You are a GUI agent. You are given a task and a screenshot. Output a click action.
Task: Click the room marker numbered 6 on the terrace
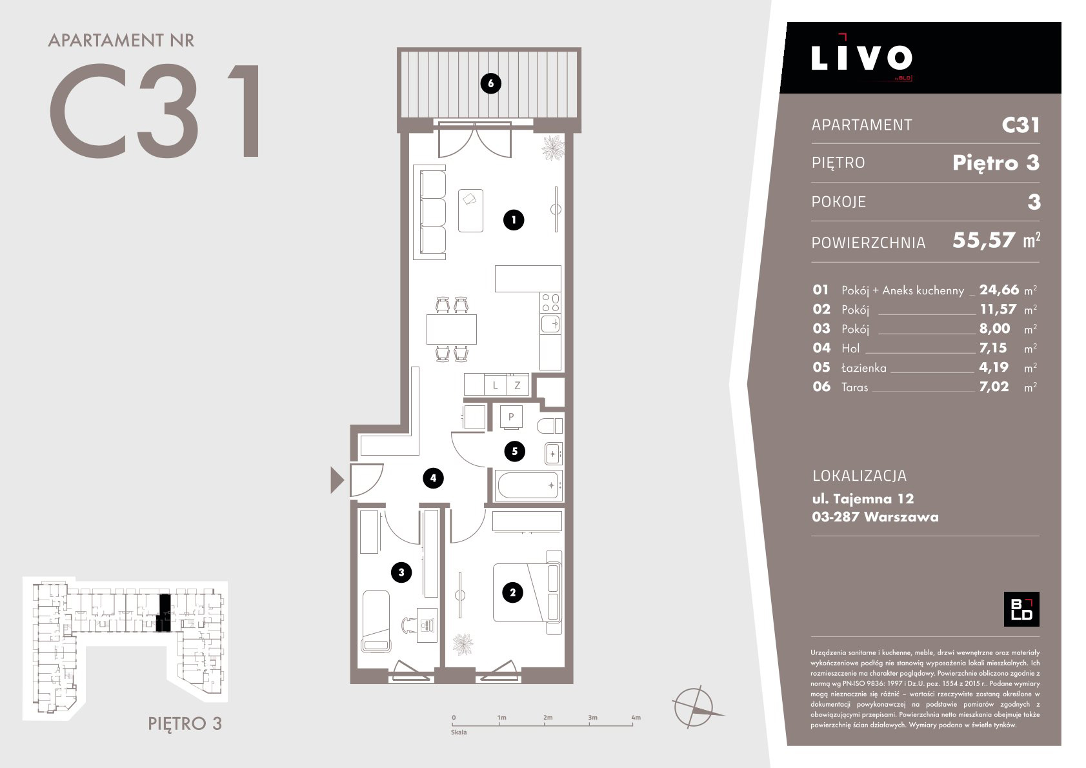point(490,83)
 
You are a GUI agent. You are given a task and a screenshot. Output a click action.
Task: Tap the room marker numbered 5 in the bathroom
point(514,451)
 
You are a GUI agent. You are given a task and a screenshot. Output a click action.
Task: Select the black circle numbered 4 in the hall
point(433,478)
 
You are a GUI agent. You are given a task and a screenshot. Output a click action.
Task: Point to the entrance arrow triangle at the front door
point(336,480)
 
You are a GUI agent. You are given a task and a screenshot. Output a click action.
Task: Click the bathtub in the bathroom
point(528,485)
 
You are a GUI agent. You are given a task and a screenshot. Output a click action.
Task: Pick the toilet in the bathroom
point(550,426)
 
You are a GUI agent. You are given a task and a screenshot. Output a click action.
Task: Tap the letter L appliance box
point(495,385)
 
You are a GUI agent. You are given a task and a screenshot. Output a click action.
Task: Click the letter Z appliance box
point(518,385)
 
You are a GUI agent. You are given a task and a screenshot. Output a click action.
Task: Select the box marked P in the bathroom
point(511,417)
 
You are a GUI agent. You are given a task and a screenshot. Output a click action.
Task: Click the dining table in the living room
point(451,329)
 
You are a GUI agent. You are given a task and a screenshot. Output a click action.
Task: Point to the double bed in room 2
point(527,592)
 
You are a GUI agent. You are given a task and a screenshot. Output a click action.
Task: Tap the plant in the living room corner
point(553,147)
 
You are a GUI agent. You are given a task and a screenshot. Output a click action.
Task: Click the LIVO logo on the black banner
point(861,58)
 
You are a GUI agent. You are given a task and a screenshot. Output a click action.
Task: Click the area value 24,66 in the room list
point(998,290)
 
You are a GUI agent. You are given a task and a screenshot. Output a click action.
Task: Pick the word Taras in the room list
point(855,387)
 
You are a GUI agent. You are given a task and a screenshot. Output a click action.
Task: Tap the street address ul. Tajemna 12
point(863,499)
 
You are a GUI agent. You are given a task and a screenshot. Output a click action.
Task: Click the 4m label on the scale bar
point(636,718)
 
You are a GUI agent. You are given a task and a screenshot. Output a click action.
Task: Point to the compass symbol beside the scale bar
point(695,707)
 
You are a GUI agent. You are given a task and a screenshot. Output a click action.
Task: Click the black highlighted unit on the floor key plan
point(164,613)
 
